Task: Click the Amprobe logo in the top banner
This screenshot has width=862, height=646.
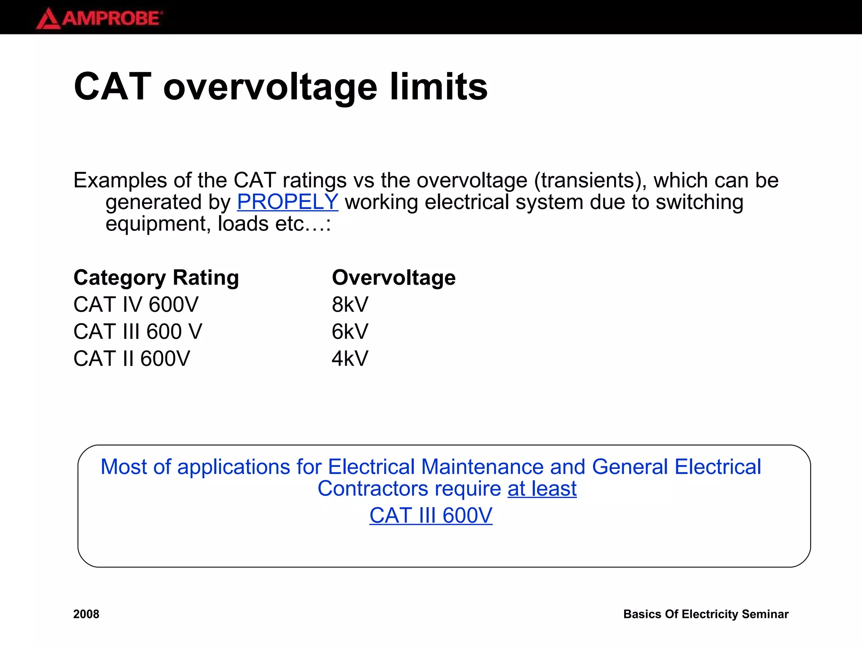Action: click(99, 19)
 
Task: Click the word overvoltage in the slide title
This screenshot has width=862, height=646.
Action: click(270, 87)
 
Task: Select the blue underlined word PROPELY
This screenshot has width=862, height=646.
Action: click(287, 202)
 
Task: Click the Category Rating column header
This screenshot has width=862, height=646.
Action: click(156, 278)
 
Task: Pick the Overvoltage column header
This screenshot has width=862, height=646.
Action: click(394, 278)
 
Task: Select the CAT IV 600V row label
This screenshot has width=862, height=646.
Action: click(136, 304)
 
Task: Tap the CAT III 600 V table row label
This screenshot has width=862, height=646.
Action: click(138, 331)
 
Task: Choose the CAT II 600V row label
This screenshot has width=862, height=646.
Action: click(131, 359)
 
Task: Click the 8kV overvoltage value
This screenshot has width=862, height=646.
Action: click(350, 304)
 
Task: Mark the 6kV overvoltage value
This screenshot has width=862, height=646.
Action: click(350, 331)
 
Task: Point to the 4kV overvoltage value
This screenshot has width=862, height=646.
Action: click(350, 359)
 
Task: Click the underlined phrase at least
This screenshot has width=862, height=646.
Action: click(542, 489)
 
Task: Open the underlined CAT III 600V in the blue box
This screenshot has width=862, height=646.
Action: click(431, 516)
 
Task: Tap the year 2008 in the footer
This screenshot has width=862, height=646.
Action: click(86, 614)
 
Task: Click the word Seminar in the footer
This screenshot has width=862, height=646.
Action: click(765, 614)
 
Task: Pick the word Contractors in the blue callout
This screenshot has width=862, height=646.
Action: click(372, 489)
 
